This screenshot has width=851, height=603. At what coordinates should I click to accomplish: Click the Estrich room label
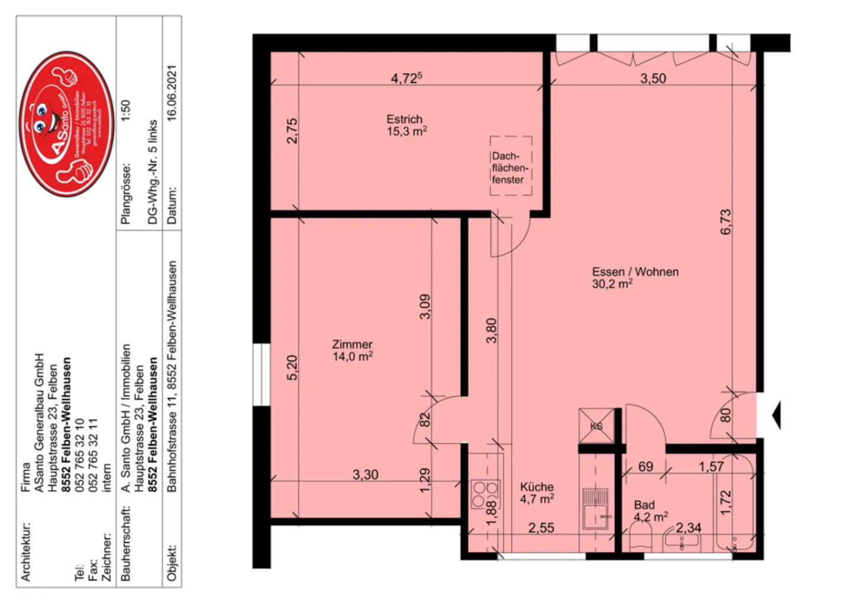(405, 125)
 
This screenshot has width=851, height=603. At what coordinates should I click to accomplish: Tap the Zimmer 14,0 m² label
(353, 350)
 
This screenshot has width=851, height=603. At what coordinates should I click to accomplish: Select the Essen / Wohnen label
(635, 277)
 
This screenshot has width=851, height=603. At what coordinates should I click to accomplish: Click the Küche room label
(537, 492)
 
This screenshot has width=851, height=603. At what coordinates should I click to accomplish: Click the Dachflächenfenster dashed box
(511, 166)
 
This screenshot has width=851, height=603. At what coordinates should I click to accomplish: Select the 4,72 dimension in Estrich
(406, 78)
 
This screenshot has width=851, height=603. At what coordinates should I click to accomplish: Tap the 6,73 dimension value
(726, 222)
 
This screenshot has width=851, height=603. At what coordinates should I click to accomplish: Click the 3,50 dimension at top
(652, 78)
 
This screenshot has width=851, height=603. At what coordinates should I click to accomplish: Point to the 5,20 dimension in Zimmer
(292, 367)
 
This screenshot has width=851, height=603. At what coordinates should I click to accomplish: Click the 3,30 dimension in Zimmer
(365, 474)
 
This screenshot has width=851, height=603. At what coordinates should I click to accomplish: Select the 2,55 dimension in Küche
(541, 527)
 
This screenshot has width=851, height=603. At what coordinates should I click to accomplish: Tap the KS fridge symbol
(596, 426)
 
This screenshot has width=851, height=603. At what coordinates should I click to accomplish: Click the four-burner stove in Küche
(485, 494)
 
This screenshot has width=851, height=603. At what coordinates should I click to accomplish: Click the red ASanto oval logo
(67, 124)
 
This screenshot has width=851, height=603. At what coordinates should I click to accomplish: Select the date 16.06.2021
(171, 93)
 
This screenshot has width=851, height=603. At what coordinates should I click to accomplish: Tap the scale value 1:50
(125, 111)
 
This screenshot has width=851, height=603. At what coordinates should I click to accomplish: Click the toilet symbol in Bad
(640, 540)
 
